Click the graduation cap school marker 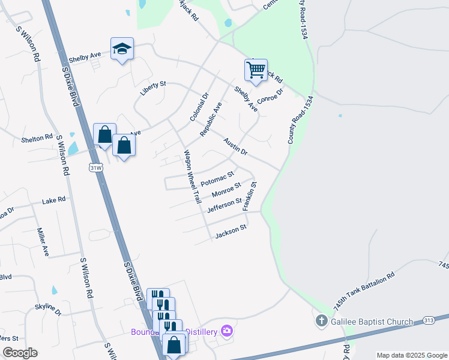122,49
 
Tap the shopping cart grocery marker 256,70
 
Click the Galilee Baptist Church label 372,322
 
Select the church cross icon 321,321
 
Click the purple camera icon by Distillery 226,330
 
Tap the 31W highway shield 95,166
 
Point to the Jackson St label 231,232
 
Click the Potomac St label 217,179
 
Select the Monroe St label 226,191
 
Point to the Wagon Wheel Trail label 191,176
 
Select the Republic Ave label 211,118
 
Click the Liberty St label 152,89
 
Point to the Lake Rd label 53,201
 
